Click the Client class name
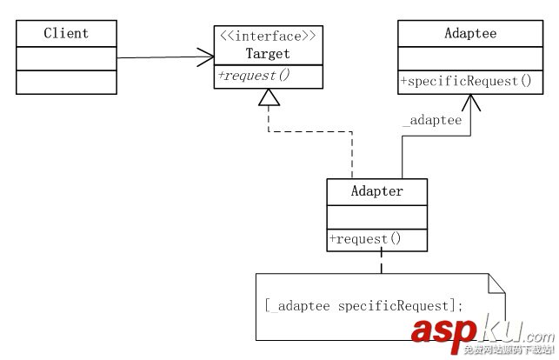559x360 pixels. pyautogui.click(x=66, y=34)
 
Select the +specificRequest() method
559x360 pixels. pyautogui.click(x=465, y=82)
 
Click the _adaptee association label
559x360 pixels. pyautogui.click(x=432, y=121)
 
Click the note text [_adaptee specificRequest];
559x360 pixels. pyautogui.click(x=363, y=305)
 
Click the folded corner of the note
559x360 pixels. pyautogui.click(x=496, y=283)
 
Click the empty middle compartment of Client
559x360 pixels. pyautogui.click(x=66, y=58)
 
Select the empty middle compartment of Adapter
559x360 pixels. pyautogui.click(x=376, y=216)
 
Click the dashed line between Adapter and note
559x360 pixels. pyautogui.click(x=381, y=262)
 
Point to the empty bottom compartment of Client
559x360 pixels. pyautogui.click(x=66, y=82)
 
